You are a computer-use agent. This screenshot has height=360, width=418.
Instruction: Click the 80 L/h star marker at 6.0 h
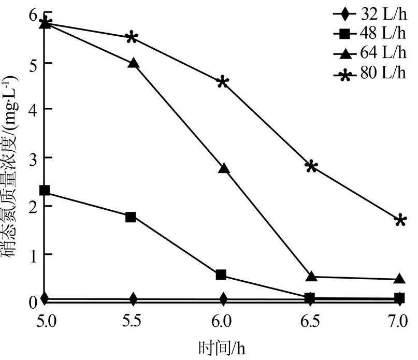pos(223,82)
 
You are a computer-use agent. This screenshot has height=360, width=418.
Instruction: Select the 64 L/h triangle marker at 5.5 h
pos(134,63)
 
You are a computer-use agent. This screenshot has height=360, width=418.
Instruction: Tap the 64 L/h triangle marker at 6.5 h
pos(311,277)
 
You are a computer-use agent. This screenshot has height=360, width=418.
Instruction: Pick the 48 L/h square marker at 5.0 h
pos(45,190)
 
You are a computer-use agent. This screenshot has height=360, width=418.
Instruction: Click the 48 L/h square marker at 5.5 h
pos(131,217)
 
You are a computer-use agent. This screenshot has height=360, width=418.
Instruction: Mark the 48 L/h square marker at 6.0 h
pos(221,275)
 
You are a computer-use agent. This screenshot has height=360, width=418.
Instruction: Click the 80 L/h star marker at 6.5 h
pos(311,166)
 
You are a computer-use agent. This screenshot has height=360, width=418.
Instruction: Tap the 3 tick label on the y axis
pos(32,157)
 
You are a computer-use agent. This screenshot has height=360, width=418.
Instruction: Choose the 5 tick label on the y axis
pos(32,62)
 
